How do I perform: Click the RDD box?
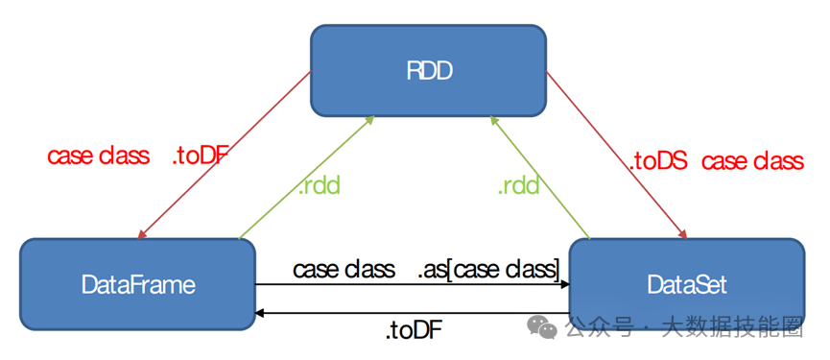point(428,70)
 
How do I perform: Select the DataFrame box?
point(137,284)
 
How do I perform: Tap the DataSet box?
point(687,284)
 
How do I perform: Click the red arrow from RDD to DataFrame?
point(225,156)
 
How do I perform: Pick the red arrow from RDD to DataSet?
point(617,156)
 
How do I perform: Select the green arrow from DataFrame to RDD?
point(306,178)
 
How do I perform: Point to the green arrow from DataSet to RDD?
point(540,178)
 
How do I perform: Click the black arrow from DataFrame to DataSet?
point(413,285)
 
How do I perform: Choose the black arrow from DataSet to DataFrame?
point(413,313)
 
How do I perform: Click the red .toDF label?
point(200,156)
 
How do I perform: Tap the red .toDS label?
point(658,161)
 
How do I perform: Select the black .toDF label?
point(414,331)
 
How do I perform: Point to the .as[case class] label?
point(489,270)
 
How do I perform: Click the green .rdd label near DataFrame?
point(319,186)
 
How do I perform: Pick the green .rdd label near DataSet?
point(518,186)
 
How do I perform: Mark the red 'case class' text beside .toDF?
point(99,156)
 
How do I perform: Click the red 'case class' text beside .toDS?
point(752,161)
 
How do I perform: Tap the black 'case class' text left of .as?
point(344,270)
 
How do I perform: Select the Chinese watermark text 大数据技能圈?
point(732,328)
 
